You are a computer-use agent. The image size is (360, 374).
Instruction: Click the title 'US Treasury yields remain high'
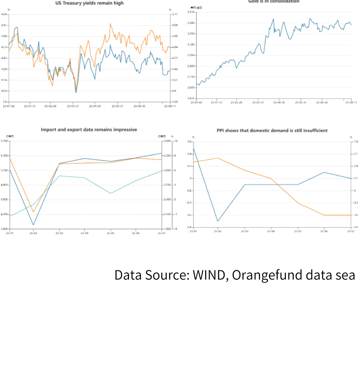(89, 3)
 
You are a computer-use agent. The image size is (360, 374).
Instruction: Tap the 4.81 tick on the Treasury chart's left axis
(4, 25)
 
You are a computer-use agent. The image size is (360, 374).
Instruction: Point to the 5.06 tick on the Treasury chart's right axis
(175, 25)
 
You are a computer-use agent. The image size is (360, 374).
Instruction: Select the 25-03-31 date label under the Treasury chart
(73, 106)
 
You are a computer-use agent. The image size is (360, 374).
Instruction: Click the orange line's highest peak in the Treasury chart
(110, 24)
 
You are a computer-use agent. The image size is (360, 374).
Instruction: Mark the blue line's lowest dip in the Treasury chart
(76, 92)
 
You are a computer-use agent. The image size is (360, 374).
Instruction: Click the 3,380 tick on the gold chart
(191, 23)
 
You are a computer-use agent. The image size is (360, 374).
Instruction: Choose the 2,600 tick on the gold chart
(191, 88)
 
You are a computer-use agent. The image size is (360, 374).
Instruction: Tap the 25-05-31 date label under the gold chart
(301, 102)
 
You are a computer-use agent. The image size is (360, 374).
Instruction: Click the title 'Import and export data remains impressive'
(89, 129)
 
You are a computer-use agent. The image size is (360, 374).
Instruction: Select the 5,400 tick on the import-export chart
(4, 156)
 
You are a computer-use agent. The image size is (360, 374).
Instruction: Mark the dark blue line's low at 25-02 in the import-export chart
(33, 225)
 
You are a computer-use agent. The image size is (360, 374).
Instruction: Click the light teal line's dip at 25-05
(111, 193)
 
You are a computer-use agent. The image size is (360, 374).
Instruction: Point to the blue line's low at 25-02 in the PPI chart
(218, 221)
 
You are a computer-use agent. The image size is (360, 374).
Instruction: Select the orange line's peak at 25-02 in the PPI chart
(218, 158)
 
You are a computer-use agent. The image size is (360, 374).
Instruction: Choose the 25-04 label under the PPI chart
(271, 231)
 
